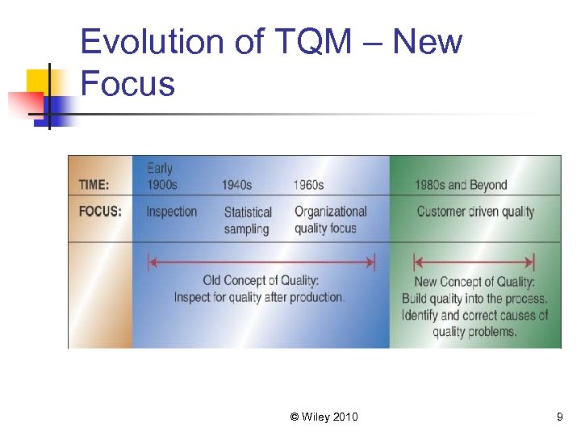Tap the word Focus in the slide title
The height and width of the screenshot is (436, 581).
(x=127, y=83)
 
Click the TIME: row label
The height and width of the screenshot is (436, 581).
(x=94, y=185)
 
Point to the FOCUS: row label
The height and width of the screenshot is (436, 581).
(x=100, y=212)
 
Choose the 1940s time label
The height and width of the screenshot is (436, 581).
(x=236, y=185)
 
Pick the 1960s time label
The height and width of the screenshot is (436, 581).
(x=308, y=185)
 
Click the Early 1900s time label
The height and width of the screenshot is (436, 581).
(x=161, y=177)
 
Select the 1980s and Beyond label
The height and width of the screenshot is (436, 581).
(x=461, y=185)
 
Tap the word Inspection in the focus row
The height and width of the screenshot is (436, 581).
(x=171, y=212)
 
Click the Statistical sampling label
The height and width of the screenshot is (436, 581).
(x=248, y=220)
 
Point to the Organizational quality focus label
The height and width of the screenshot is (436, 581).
(x=330, y=220)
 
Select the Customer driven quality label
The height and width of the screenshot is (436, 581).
(x=475, y=212)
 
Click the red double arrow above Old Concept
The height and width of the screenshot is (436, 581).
(x=261, y=262)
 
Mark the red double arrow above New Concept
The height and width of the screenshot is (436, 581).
(x=474, y=262)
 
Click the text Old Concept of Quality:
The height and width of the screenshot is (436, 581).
(x=261, y=281)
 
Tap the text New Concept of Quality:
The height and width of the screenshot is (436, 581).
(x=474, y=282)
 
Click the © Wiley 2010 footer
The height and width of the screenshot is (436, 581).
(x=324, y=417)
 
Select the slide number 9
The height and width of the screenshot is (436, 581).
(x=559, y=417)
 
